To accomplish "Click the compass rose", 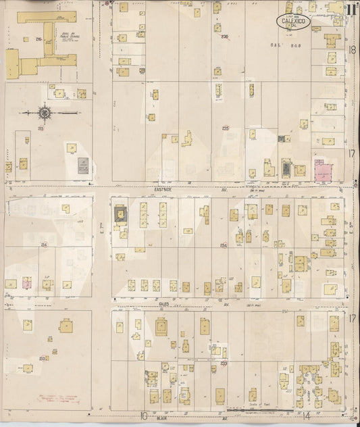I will point(45,112).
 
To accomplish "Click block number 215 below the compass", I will point(41,128).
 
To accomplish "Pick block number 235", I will point(225,36).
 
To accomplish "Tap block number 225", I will point(226,128).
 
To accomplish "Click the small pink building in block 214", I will point(28,284).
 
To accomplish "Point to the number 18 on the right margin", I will point(352,49).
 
